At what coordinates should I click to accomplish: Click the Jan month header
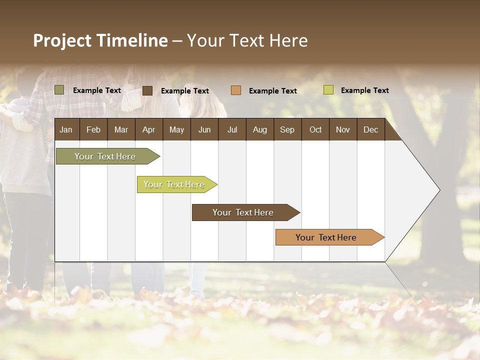click(x=66, y=129)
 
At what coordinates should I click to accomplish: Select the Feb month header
click(x=93, y=129)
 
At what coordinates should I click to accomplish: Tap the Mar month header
click(x=121, y=129)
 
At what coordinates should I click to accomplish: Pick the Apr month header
click(x=149, y=129)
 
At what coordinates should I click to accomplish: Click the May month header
click(x=176, y=129)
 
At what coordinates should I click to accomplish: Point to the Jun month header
click(x=204, y=129)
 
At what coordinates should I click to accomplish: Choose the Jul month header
click(x=232, y=129)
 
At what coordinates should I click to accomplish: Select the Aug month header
click(x=260, y=129)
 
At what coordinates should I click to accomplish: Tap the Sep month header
click(x=287, y=129)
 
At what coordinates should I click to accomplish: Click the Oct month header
click(x=315, y=129)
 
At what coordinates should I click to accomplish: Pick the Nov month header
click(x=343, y=129)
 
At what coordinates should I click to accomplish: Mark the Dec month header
click(x=371, y=129)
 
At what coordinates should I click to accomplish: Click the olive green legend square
click(x=59, y=90)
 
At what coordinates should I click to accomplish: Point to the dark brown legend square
click(x=147, y=90)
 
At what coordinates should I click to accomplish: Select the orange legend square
click(x=236, y=90)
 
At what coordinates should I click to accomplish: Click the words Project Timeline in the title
click(x=100, y=40)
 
